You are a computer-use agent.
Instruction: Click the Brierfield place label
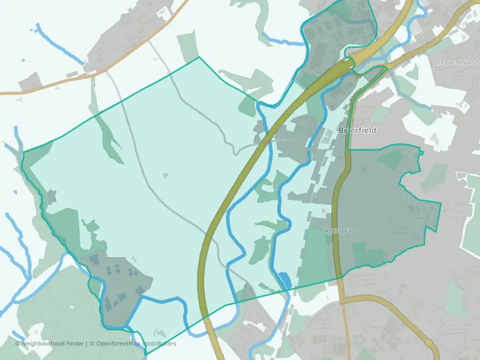tap(357, 130)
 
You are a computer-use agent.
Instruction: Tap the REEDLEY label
tap(338, 231)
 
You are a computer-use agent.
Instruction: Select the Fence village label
tap(92, 62)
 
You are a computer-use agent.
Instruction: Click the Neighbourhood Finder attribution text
tap(50, 343)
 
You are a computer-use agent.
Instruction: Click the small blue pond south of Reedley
tap(284, 280)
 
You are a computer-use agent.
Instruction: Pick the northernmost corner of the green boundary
tap(199, 57)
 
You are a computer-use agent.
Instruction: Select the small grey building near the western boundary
tap(51, 196)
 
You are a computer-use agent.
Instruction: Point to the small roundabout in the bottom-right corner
tap(429, 344)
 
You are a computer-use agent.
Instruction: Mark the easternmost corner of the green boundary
tap(441, 203)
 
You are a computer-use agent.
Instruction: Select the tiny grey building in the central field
tap(165, 175)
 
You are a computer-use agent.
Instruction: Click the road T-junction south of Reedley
tap(342, 302)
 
